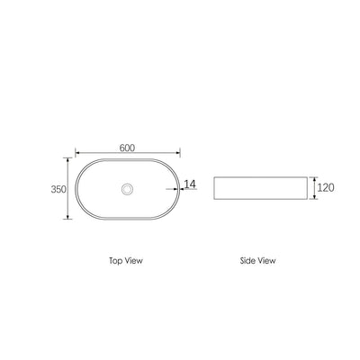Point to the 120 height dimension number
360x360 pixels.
pyautogui.click(x=326, y=187)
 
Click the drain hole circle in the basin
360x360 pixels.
pyautogui.click(x=127, y=189)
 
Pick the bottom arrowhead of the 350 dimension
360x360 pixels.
pyautogui.click(x=68, y=217)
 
